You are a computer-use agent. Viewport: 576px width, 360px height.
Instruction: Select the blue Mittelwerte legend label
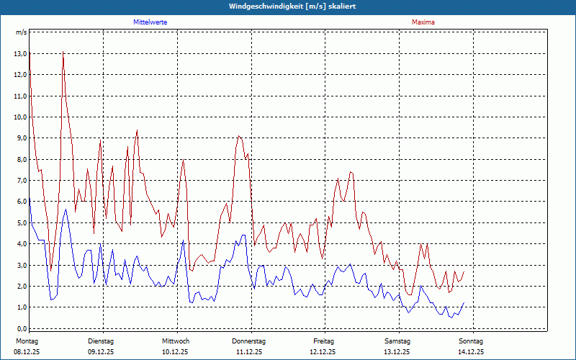tap(150, 22)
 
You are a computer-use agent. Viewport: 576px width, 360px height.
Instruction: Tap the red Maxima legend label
tap(423, 22)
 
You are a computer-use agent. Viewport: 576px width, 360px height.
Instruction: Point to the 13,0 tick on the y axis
tap(20, 54)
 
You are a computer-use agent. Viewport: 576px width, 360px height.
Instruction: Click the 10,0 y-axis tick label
tap(20, 117)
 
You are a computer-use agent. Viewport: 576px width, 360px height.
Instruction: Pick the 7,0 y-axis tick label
tap(20, 181)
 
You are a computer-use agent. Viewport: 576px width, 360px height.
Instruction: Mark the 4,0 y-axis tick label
tap(20, 244)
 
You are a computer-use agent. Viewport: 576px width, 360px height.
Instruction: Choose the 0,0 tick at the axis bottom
tap(20, 328)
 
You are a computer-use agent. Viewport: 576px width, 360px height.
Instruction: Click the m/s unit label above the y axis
tap(22, 32)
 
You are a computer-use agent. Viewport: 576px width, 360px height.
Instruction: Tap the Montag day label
tap(27, 341)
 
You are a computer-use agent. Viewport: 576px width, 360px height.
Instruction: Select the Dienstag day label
tap(101, 341)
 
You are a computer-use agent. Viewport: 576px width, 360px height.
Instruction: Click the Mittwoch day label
tap(176, 341)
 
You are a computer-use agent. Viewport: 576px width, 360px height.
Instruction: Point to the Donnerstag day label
tap(249, 341)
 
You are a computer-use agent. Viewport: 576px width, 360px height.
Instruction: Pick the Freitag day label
tap(324, 341)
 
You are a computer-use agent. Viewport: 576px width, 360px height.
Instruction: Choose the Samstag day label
tap(397, 341)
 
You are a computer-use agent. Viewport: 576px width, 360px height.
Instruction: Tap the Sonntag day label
tap(471, 341)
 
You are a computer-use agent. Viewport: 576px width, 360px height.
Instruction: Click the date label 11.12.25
tap(249, 352)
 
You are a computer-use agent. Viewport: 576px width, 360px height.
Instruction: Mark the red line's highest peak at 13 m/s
tap(63, 53)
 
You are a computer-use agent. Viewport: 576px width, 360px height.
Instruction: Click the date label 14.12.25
tap(471, 352)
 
